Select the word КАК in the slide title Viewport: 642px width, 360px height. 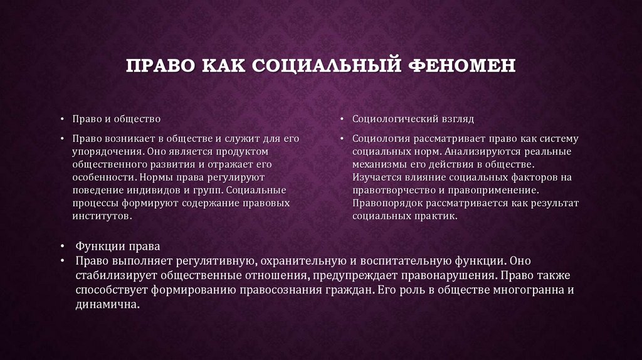[x=222, y=66]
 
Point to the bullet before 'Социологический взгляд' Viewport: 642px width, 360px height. [x=344, y=119]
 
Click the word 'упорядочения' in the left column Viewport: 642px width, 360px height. [x=102, y=152]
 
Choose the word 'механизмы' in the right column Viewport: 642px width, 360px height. [x=379, y=164]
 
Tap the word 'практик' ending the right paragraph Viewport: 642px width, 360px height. [x=439, y=215]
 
